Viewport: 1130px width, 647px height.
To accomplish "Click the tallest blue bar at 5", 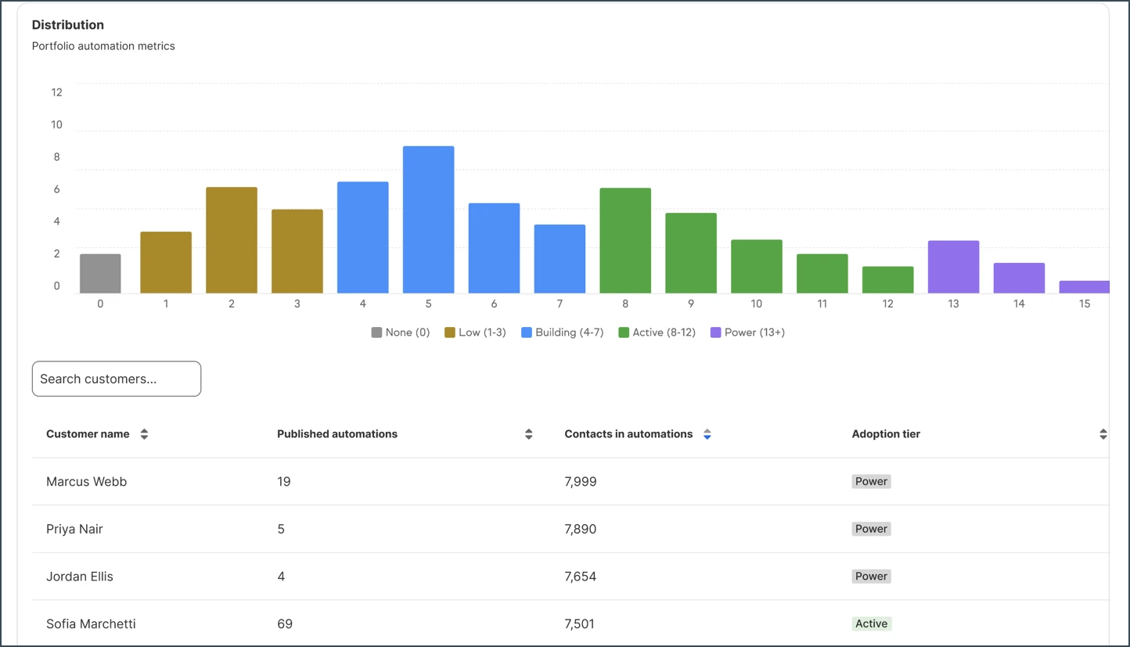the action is (x=428, y=219).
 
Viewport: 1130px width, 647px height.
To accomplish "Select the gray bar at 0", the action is (x=100, y=273).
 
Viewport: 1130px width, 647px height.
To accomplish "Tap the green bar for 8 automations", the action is (x=625, y=240).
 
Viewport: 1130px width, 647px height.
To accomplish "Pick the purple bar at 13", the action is (x=953, y=267).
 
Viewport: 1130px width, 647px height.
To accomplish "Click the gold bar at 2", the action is (x=232, y=240).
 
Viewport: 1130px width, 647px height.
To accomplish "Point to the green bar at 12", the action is (x=888, y=279).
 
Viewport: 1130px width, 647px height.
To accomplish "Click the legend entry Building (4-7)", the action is (x=563, y=332).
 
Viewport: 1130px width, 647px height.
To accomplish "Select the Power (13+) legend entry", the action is (x=747, y=332).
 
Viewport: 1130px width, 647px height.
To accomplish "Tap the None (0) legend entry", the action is (x=401, y=332).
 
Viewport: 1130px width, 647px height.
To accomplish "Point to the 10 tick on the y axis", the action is (x=56, y=124).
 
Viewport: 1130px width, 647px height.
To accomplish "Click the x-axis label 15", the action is (x=1085, y=304).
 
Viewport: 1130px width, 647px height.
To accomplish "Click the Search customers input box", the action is (x=117, y=379).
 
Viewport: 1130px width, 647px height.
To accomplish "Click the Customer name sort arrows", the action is (x=144, y=434).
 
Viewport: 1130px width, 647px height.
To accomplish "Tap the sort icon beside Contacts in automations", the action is (x=707, y=434).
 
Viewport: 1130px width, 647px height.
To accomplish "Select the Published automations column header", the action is (x=337, y=433).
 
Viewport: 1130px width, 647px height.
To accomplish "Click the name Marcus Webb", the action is (x=86, y=482).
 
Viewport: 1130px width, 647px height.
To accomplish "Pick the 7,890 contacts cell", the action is (x=580, y=529).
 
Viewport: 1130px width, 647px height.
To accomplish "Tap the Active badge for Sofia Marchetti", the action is (x=871, y=624).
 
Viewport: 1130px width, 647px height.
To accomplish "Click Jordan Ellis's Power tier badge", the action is (x=871, y=577).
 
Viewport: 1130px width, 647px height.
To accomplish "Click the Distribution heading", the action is (x=67, y=25).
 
